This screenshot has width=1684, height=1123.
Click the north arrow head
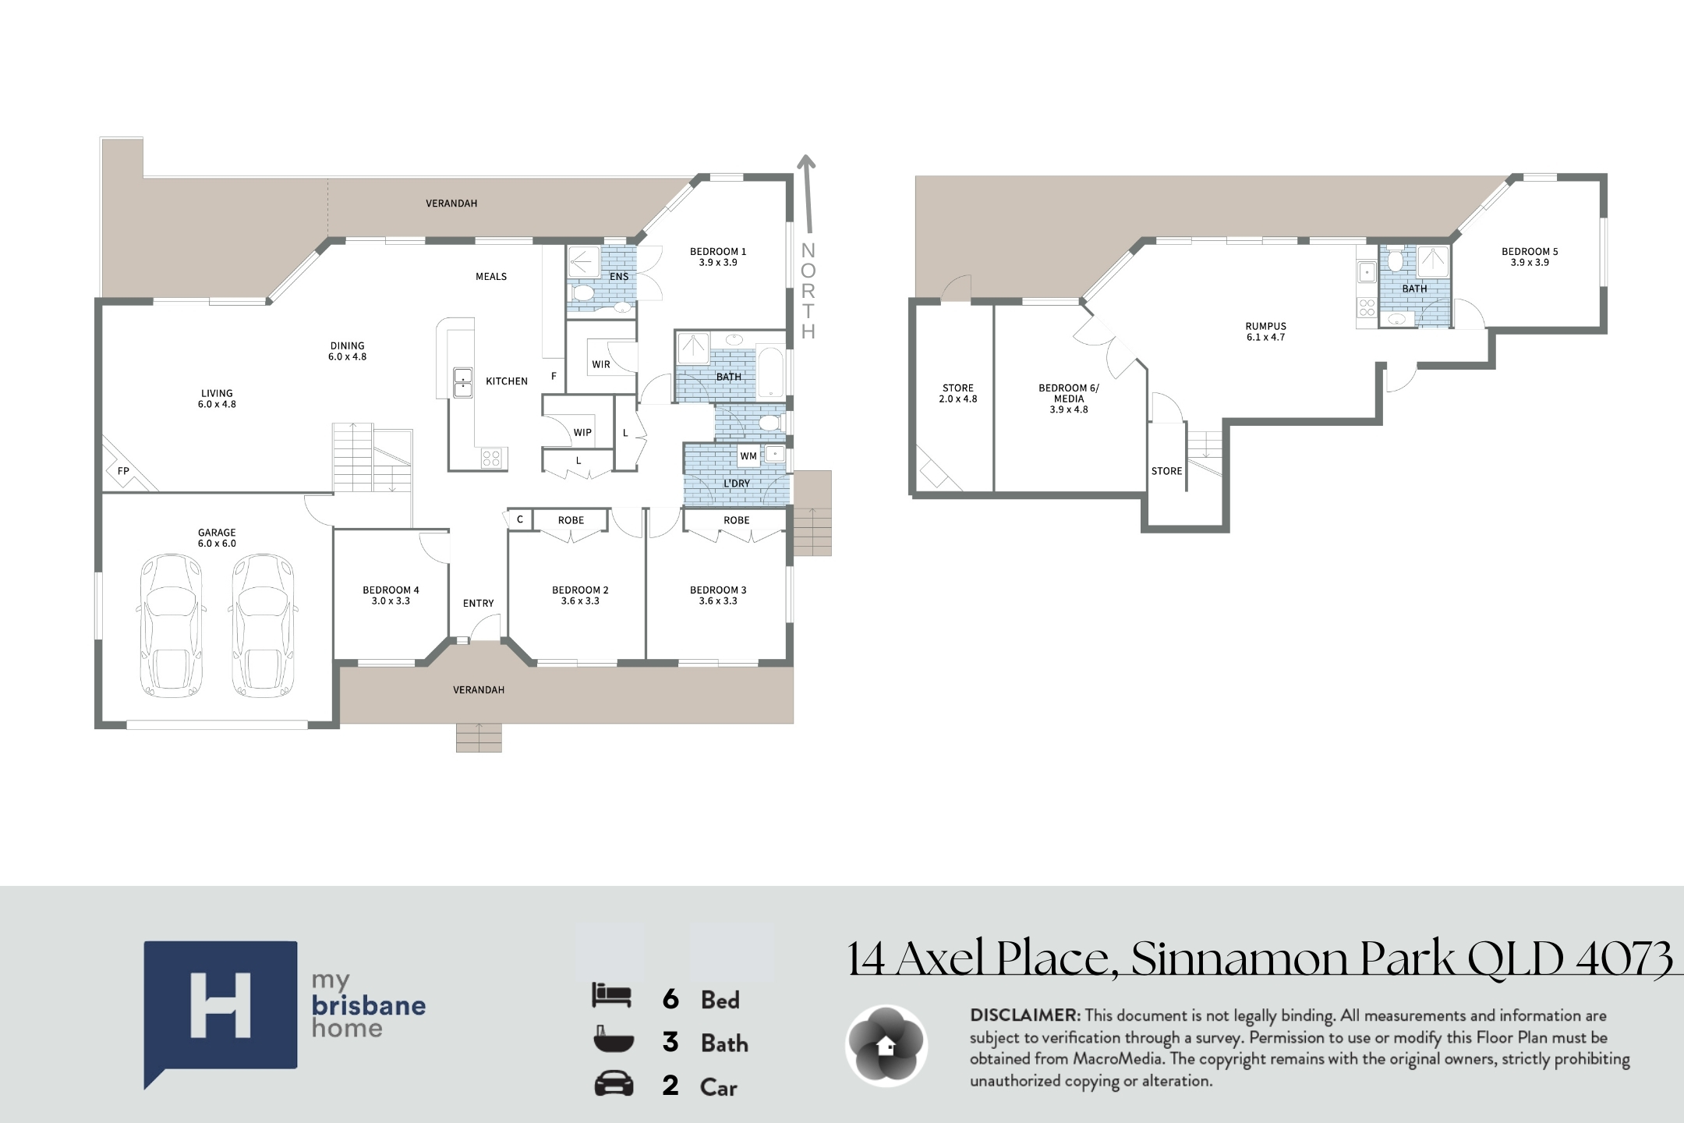[806, 162]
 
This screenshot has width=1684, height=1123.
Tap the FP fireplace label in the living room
[123, 471]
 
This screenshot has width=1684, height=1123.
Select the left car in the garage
[172, 625]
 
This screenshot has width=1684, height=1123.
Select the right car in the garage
[265, 625]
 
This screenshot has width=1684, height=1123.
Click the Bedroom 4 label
[391, 595]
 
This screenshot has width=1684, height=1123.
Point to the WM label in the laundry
[748, 456]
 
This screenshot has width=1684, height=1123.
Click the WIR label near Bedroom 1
[601, 364]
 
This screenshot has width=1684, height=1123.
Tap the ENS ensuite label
[619, 276]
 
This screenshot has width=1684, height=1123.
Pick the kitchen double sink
[462, 382]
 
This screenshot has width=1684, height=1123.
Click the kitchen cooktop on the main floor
[491, 458]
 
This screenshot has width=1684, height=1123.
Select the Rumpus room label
[1266, 331]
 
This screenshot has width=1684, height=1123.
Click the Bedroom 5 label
[1530, 257]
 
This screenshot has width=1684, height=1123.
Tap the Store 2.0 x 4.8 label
[958, 393]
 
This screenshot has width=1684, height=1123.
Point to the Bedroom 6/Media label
[1069, 399]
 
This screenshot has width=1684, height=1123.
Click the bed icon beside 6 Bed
[612, 995]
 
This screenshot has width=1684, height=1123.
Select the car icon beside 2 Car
[614, 1085]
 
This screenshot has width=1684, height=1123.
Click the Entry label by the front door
[478, 603]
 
